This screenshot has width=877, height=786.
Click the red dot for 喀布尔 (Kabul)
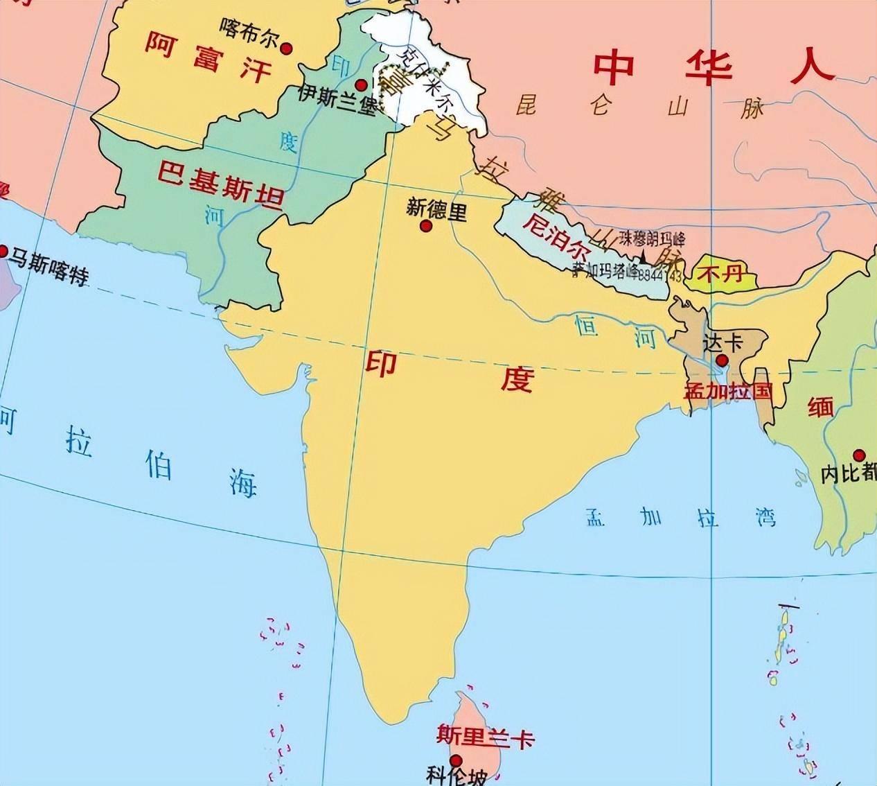[x=287, y=49]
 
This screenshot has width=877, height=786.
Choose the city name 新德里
[x=436, y=209]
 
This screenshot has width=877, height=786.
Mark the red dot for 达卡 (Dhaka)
[x=722, y=360]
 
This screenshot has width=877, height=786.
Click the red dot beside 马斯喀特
[x=4, y=251]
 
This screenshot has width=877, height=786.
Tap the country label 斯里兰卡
[x=486, y=735]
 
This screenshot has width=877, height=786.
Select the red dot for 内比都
[x=859, y=455]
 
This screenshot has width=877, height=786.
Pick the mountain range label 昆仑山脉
[x=638, y=108]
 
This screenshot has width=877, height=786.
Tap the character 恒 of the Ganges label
[x=587, y=325]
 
